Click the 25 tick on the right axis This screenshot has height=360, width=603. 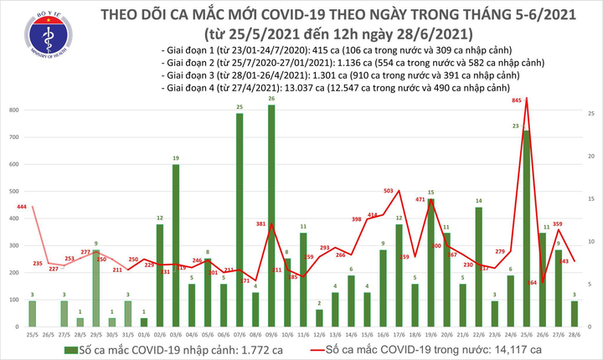pos(590,113)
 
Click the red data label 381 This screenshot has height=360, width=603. pos(261,224)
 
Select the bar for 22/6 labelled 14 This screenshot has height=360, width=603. pos(479,266)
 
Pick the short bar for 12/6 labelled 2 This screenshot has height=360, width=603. pos(320,317)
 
